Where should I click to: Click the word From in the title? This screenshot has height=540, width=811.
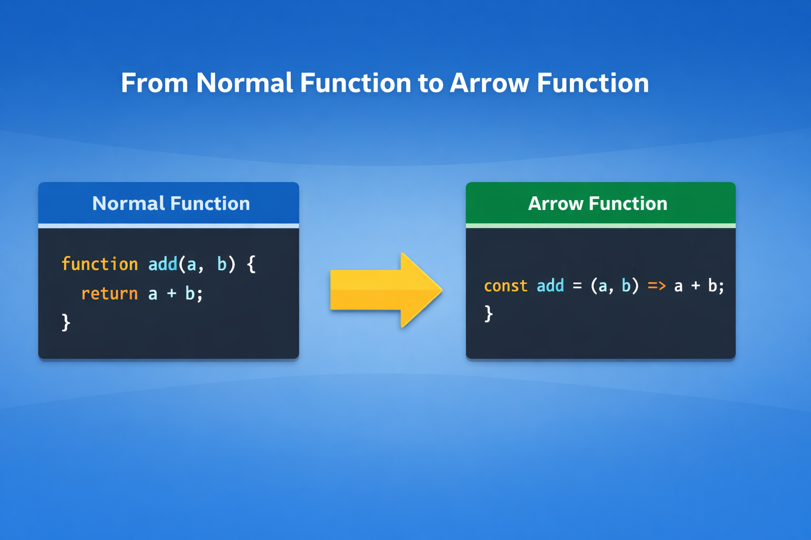(x=155, y=83)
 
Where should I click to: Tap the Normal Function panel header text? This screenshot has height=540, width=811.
(x=171, y=203)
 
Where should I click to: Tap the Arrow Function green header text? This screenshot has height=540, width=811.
(x=597, y=203)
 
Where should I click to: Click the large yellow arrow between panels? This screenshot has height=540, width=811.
(x=386, y=290)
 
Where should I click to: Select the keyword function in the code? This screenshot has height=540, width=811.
(x=100, y=264)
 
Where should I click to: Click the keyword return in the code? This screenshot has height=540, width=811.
(x=109, y=293)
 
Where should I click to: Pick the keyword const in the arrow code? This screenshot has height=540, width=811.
(x=506, y=286)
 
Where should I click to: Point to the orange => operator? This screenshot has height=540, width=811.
(x=657, y=286)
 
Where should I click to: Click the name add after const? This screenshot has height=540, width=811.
(x=550, y=285)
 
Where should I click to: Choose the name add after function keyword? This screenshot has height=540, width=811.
(x=163, y=264)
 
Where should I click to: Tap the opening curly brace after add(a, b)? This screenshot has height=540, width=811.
(x=251, y=264)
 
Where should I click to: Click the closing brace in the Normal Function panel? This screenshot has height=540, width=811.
(x=66, y=322)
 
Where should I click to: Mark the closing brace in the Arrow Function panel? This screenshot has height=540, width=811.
(x=488, y=313)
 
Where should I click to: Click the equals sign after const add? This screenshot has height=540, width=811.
(x=578, y=286)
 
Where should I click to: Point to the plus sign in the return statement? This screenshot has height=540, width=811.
(x=172, y=293)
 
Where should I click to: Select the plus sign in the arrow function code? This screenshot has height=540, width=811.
(x=695, y=286)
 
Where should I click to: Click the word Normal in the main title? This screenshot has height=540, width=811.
(x=244, y=83)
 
